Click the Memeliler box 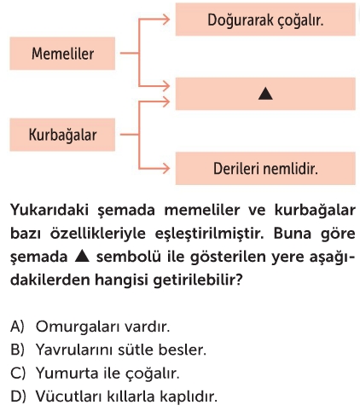point(62,54)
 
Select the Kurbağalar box point(62,135)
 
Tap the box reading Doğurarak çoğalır point(265,20)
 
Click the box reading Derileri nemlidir point(265,168)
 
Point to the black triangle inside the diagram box point(265,94)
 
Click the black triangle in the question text point(82,256)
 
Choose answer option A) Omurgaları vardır point(90,327)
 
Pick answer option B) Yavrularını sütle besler point(108,350)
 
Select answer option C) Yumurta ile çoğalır point(95,373)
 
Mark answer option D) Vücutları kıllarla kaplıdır point(113,397)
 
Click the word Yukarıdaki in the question point(50,210)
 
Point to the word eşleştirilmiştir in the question point(210,234)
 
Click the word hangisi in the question point(121,281)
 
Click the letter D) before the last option point(18,397)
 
